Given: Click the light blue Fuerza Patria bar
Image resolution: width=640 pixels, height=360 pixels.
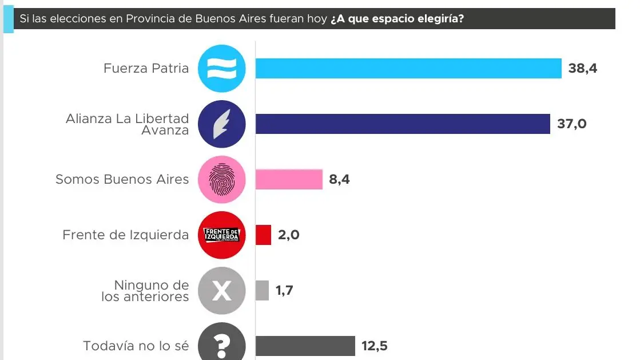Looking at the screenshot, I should (408, 69).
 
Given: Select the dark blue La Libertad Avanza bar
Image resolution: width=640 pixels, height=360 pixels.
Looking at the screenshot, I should (403, 124).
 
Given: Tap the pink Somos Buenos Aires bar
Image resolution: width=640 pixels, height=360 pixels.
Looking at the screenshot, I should (289, 179).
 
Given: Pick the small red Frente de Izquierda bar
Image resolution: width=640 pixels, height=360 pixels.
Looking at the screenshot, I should (263, 235).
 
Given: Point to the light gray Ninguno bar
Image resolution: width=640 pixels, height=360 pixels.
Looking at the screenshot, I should (262, 290).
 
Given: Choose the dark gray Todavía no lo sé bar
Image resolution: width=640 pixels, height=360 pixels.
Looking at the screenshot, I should (305, 346).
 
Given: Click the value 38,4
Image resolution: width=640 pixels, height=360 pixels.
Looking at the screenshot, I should (583, 69).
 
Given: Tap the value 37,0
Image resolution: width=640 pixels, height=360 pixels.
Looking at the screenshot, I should (572, 124).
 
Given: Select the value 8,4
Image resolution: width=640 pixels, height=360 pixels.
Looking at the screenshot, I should (339, 179).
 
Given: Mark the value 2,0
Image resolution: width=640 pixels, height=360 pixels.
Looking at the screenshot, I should (289, 235).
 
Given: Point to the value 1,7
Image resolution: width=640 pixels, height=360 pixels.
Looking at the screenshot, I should (285, 290).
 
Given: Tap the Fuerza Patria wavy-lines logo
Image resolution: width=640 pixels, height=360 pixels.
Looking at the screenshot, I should (222, 69).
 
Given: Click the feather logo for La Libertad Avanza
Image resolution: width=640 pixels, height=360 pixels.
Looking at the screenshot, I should (222, 124).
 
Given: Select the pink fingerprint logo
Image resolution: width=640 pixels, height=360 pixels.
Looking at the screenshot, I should (222, 180).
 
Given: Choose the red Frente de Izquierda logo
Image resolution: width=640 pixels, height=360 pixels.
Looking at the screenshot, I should (222, 235).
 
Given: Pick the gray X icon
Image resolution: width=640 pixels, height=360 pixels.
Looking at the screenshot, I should (222, 291).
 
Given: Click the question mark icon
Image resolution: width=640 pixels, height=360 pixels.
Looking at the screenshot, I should (222, 345).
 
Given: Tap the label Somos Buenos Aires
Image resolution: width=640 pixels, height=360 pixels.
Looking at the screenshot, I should (122, 179).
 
